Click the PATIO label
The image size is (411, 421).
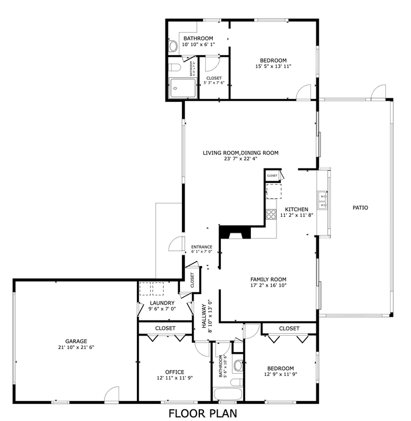[360, 208]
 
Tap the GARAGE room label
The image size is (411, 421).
[76, 341]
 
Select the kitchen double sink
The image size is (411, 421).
[322, 199]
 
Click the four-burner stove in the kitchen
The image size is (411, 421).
[271, 215]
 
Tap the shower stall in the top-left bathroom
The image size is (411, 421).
[184, 88]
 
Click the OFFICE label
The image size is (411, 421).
[174, 372]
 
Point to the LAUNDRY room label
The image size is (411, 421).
[162, 303]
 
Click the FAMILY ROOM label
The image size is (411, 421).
[268, 279]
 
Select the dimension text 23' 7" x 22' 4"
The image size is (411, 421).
[240, 159]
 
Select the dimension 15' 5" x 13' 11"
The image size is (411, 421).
[273, 67]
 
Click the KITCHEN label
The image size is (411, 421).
[296, 209]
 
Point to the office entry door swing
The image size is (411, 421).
[202, 349]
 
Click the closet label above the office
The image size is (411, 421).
[165, 329]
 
